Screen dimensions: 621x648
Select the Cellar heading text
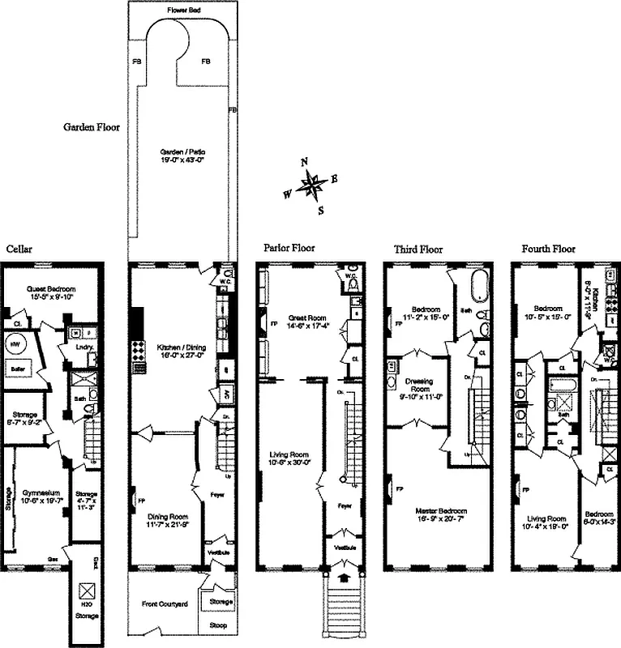point(19,249)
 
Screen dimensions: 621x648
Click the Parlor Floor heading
point(289,248)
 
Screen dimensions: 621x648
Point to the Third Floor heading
point(418,249)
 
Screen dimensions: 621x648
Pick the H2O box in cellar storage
point(86,594)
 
